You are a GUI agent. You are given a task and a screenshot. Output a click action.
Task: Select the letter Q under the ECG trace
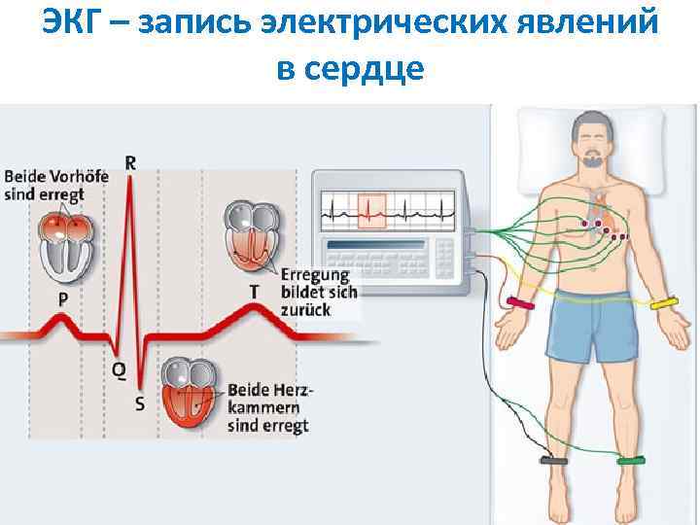(x=119, y=369)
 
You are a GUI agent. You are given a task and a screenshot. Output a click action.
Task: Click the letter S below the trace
(x=140, y=403)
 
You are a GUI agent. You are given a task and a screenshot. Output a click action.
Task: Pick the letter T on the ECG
(x=254, y=291)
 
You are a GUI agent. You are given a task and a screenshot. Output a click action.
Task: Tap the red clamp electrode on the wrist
(x=520, y=303)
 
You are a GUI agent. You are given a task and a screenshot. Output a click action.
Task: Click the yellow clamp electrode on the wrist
(x=664, y=304)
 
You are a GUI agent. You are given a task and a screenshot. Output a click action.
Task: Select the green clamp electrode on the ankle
(x=630, y=461)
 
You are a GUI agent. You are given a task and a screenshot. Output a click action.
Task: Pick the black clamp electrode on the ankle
(x=553, y=461)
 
